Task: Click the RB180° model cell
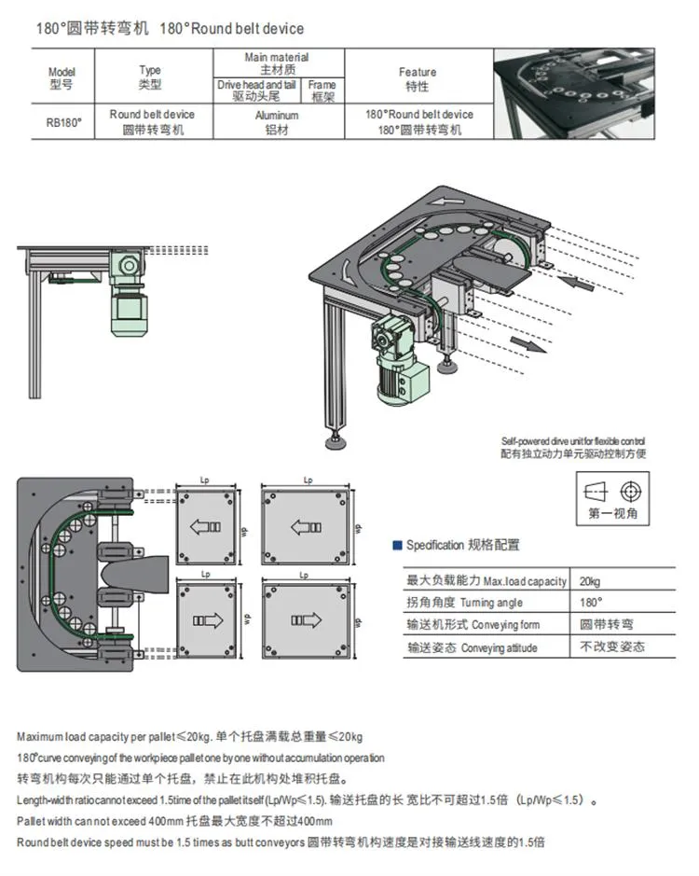(61, 122)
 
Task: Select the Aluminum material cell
(277, 122)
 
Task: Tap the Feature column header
(417, 78)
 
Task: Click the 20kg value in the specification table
(590, 580)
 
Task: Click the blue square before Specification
(396, 546)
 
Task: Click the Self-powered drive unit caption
(572, 446)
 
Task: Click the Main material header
(277, 63)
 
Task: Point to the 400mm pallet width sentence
(174, 821)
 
